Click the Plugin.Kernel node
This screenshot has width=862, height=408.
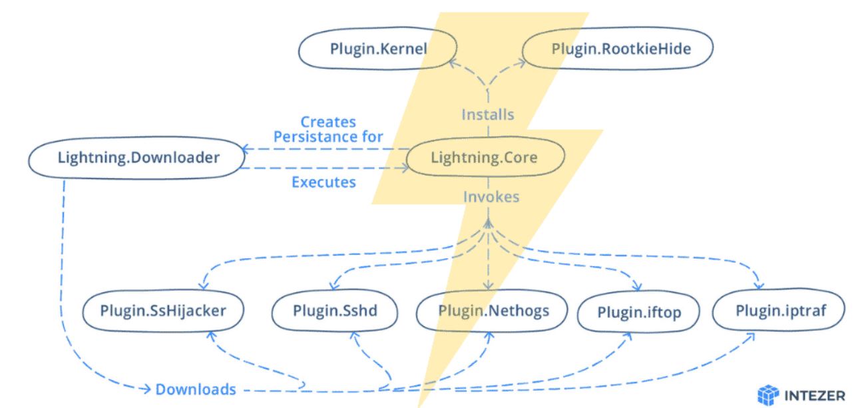pyautogui.click(x=378, y=49)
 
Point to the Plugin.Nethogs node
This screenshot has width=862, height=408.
pyautogui.click(x=493, y=310)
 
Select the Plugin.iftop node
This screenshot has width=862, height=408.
pyautogui.click(x=639, y=311)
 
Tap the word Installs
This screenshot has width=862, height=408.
pyautogui.click(x=489, y=114)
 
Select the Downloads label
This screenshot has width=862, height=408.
pyautogui.click(x=195, y=389)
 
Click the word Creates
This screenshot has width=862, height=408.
pyautogui.click(x=327, y=122)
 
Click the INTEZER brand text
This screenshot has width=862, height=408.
pyautogui.click(x=815, y=393)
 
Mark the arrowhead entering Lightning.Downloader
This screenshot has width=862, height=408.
pyautogui.click(x=244, y=150)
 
